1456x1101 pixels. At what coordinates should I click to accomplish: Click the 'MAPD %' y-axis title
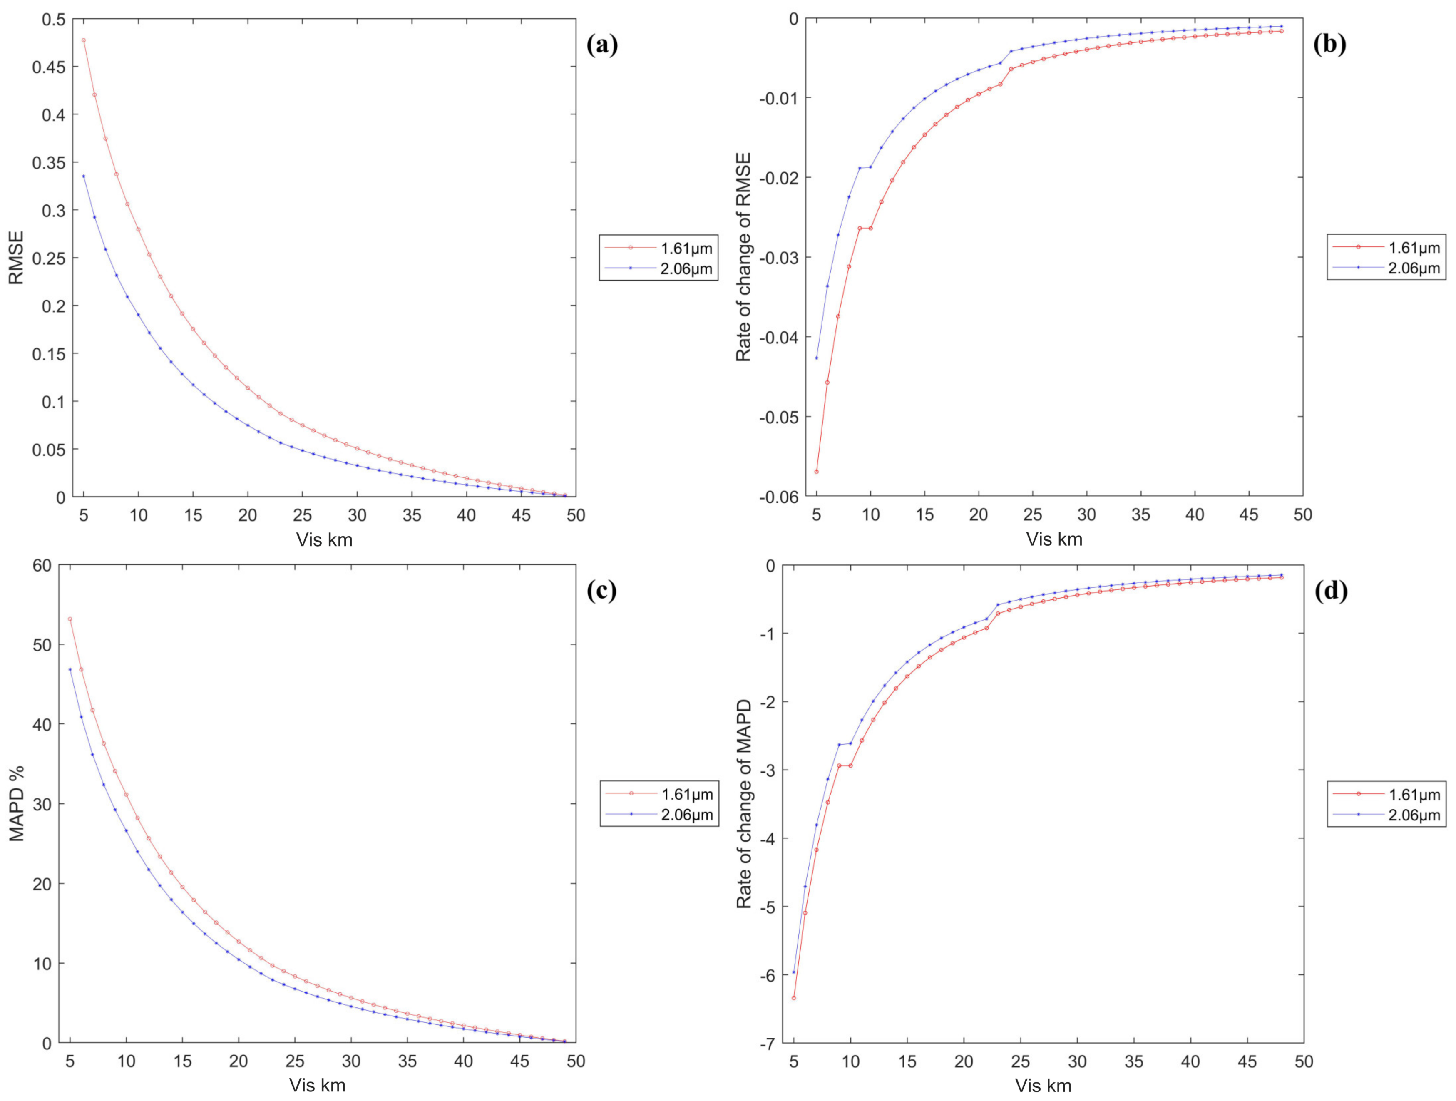pos(16,803)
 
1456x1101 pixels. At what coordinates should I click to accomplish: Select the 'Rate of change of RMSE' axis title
pos(744,257)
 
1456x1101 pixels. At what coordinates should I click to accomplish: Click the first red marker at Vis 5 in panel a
pos(84,40)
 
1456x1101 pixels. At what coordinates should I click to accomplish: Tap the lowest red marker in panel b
pos(816,471)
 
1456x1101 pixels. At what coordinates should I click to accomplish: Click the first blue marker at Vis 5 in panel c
pos(70,669)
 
